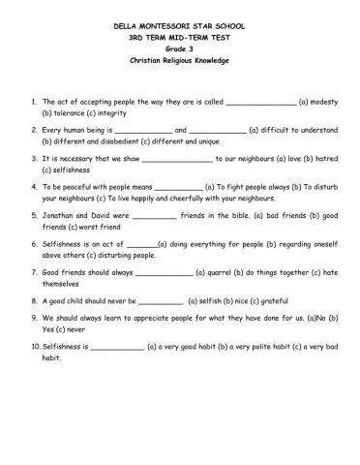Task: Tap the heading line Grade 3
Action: click(180, 46)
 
